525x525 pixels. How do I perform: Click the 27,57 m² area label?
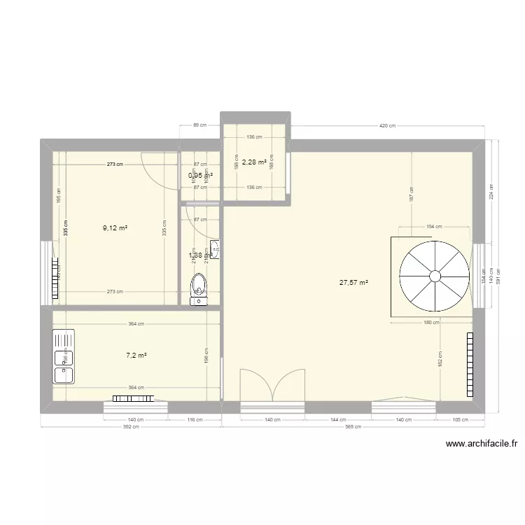pos(353,283)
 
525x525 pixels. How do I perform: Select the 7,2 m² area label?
pos(136,356)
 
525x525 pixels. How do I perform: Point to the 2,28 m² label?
pos(254,162)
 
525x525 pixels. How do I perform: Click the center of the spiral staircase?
pos(435,274)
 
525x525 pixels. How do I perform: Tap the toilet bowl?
pos(200,286)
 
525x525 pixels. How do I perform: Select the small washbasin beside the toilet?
pos(215,251)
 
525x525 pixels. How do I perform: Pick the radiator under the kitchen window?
pos(132,398)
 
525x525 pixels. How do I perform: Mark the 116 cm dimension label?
pos(194,420)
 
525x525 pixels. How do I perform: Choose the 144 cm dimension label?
pos(338,420)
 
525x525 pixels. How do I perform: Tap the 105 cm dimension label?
pos(460,420)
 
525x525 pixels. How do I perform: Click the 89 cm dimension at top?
pos(199,126)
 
